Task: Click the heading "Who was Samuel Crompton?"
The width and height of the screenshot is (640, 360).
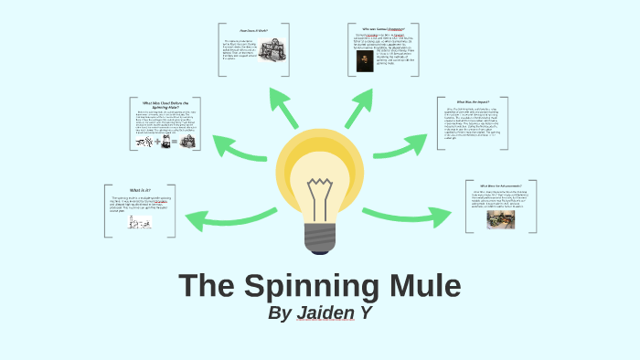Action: coord(382,30)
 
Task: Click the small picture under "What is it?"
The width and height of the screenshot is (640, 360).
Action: coord(139,220)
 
